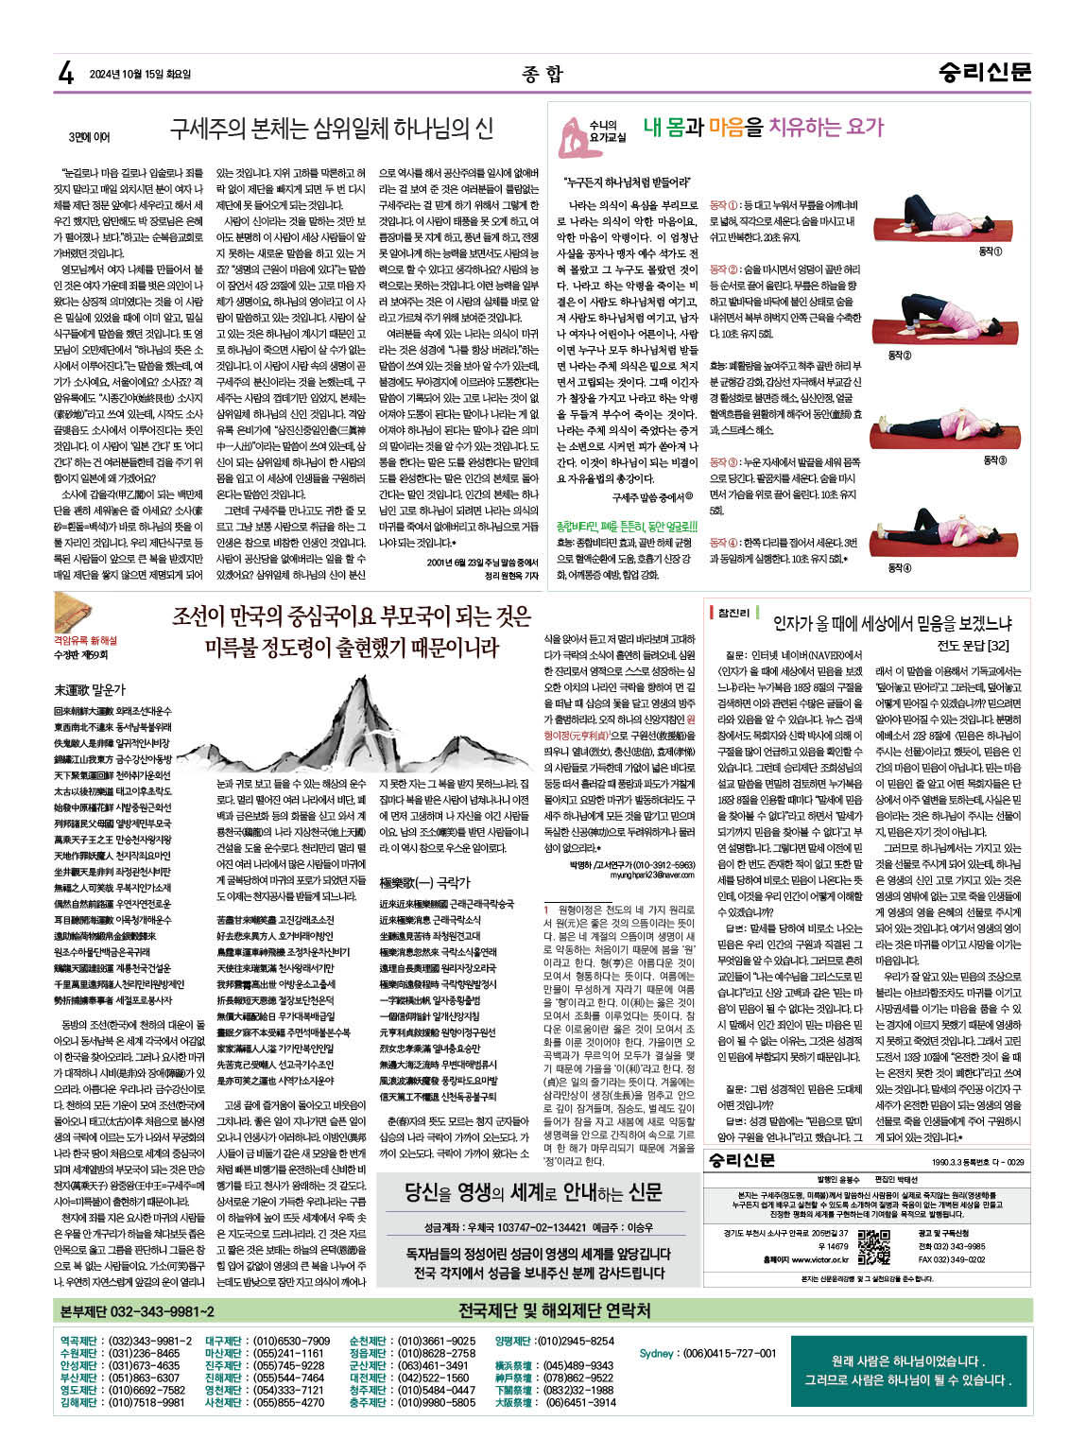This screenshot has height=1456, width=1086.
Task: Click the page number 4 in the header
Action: pos(66,73)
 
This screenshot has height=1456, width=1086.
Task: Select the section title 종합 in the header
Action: pos(542,74)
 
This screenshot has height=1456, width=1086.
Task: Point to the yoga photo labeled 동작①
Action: pos(932,220)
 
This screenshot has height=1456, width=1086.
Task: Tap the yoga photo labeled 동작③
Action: pos(932,426)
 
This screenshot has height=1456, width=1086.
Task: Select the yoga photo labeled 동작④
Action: pos(932,532)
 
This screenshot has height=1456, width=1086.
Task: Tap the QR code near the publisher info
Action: pos(873,1247)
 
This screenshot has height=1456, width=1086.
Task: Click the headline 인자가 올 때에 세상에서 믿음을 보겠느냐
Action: pos(891,622)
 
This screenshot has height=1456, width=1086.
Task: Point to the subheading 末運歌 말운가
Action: pos(90,690)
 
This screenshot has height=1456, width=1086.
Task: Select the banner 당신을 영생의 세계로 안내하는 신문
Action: pos(534,1192)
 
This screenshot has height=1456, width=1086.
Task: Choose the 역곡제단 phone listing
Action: pos(126,1341)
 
